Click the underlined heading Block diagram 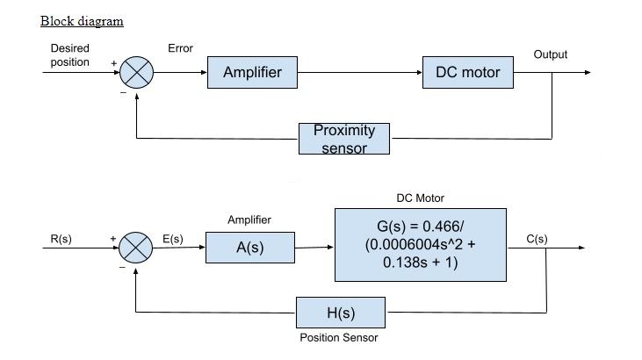coord(82,21)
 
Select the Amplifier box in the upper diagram coord(252,72)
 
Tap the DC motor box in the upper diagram coord(467,72)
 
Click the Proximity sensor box coord(343,139)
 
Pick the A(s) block coord(250,248)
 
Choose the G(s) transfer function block coord(420,245)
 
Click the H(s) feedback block coord(341,313)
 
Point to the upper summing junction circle coord(137,72)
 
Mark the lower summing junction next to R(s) coord(135,248)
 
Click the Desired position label coord(69,55)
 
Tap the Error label coord(180,48)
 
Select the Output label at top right coord(551,54)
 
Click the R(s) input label coord(61,239)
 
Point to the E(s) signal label coord(173,239)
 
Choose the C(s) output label coord(537,239)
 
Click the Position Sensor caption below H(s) coord(339,337)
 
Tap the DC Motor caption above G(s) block coord(420,198)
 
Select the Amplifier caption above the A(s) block coord(249,220)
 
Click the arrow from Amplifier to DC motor coord(360,72)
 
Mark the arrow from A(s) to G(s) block coord(314,247)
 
